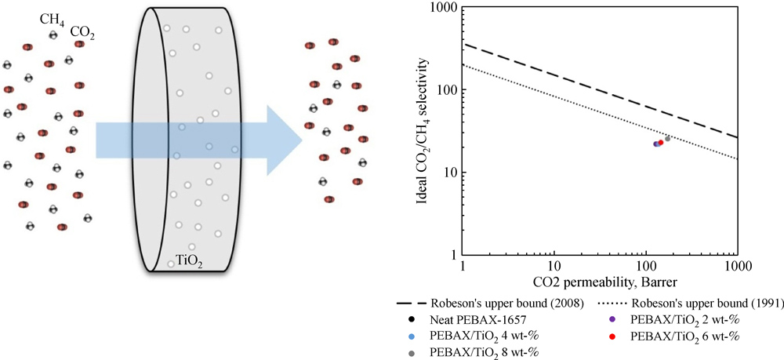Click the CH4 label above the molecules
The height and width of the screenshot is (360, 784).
pyautogui.click(x=53, y=17)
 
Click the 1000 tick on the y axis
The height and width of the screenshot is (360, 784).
pyautogui.click(x=444, y=8)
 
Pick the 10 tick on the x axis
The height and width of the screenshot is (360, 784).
pyautogui.click(x=554, y=265)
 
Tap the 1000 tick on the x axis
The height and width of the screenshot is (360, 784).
pyautogui.click(x=735, y=265)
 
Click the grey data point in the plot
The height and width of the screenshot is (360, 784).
pyautogui.click(x=667, y=139)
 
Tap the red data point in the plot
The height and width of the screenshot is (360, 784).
pyautogui.click(x=660, y=143)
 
